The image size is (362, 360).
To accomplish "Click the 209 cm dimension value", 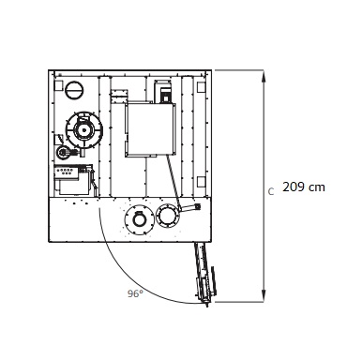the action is pyautogui.click(x=304, y=187).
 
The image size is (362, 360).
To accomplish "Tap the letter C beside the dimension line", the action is pyautogui.click(x=271, y=191).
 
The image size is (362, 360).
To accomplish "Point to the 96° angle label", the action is pyautogui.click(x=135, y=293).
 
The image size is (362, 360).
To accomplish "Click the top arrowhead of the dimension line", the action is pyautogui.click(x=264, y=76).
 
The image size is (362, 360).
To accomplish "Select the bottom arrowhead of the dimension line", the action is pyautogui.click(x=264, y=296).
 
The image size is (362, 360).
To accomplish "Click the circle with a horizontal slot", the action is pyautogui.click(x=74, y=90).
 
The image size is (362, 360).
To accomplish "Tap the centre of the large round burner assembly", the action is pyautogui.click(x=83, y=129).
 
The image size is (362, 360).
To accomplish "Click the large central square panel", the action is pyautogui.click(x=150, y=128).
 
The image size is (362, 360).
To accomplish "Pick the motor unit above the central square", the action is pyautogui.click(x=163, y=91).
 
